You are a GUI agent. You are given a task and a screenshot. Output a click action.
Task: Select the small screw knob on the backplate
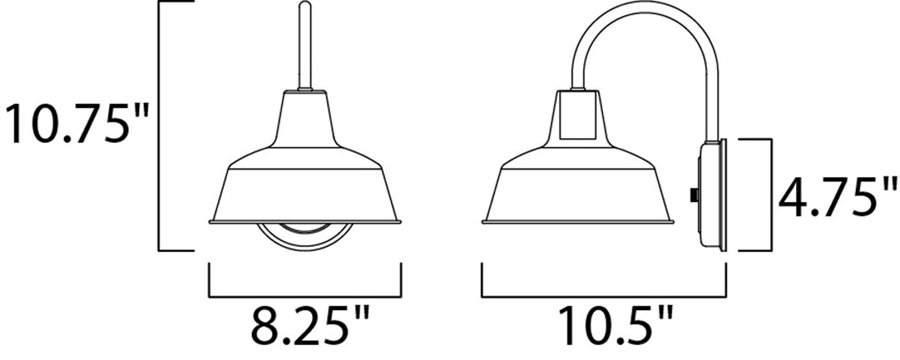693,195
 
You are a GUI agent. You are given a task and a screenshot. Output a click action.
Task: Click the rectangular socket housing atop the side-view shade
578,115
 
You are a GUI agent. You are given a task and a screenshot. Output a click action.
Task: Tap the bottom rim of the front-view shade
305,222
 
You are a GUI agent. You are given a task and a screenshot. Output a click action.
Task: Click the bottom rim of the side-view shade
578,222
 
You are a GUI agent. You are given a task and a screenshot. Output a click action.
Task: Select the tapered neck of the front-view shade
305,119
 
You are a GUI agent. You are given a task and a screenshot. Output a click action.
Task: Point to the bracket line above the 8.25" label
305,297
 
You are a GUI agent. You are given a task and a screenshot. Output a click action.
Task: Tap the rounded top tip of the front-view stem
305,5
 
